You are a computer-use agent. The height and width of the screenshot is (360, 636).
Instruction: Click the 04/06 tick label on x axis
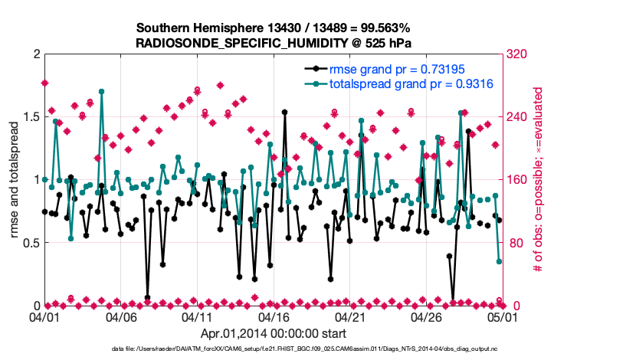(120, 316)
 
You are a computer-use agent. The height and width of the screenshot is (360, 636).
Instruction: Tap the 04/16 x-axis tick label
(274, 316)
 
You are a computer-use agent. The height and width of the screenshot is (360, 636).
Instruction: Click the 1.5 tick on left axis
(30, 117)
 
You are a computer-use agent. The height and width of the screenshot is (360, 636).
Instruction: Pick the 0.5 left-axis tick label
(30, 243)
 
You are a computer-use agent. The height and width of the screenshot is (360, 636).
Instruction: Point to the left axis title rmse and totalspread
(13, 180)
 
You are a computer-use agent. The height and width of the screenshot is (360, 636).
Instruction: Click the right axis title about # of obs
(539, 180)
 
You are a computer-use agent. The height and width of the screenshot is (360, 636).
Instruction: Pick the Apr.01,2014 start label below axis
(273, 333)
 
